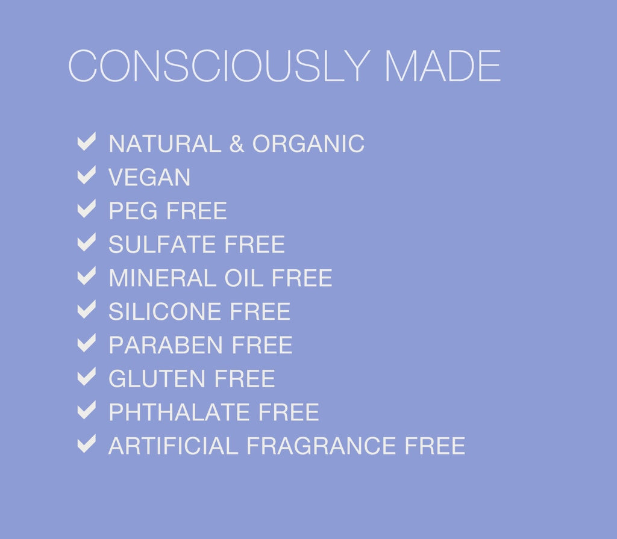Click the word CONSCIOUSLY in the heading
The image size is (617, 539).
point(218,66)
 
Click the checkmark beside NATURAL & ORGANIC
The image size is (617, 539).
point(87,143)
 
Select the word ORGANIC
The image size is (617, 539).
point(308,144)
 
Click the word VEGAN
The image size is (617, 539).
point(149,178)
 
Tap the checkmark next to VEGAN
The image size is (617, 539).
point(87,176)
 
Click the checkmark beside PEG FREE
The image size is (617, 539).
point(87,210)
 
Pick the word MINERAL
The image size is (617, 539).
point(162,278)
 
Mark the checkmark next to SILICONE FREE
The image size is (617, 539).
point(87,310)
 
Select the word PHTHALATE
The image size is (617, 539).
point(179,413)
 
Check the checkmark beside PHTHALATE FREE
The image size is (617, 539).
point(87,411)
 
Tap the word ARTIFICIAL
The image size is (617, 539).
point(174,446)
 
